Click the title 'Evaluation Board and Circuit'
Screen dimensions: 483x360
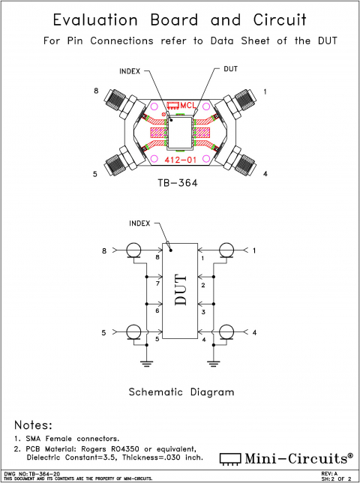[180, 19]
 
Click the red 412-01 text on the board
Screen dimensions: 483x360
[180, 159]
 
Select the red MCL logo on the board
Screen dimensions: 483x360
[180, 106]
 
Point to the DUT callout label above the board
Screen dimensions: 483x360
[232, 69]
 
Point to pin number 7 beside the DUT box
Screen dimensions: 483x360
[157, 284]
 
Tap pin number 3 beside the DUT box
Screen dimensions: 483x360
[202, 311]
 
